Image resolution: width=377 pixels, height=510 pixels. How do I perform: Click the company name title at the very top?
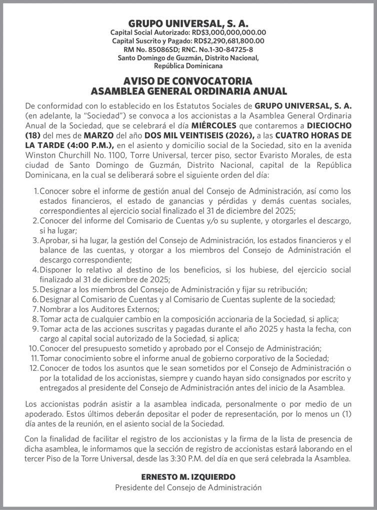[188, 24]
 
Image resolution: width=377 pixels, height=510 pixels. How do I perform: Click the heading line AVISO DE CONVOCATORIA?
[188, 81]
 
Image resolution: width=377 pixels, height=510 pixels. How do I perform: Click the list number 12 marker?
[34, 368]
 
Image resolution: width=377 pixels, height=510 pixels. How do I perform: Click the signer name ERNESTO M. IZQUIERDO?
[188, 477]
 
